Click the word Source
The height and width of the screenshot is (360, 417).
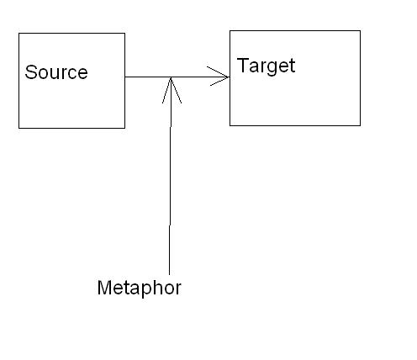[56, 72]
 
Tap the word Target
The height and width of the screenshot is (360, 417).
[266, 66]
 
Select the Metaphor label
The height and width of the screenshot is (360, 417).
[140, 288]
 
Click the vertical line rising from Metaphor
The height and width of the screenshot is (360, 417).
[170, 176]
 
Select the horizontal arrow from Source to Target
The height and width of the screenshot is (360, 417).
[177, 77]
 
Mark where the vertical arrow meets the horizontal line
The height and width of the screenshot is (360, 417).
[171, 77]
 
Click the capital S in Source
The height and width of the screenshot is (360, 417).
[31, 72]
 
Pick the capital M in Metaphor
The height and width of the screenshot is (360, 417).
[104, 287]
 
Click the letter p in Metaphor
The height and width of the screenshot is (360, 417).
[150, 290]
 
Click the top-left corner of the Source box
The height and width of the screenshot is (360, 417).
[18, 34]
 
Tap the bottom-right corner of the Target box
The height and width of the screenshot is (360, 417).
[360, 125]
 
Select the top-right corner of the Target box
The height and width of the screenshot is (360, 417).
[360, 31]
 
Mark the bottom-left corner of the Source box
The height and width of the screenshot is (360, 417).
[18, 128]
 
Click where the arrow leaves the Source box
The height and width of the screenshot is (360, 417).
[125, 77]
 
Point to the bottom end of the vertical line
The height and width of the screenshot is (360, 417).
[169, 275]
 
